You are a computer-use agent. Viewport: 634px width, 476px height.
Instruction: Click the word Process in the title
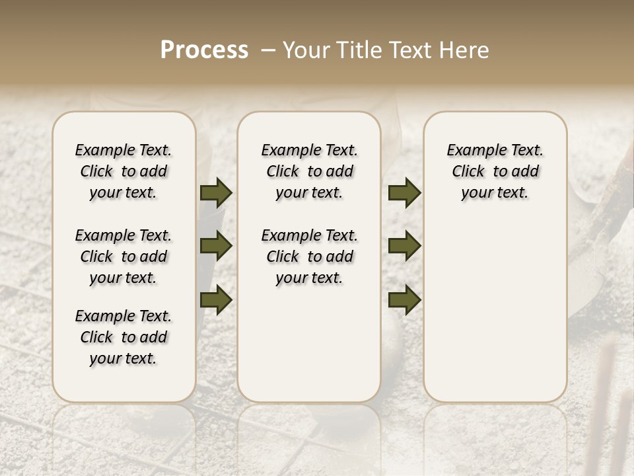[x=204, y=50]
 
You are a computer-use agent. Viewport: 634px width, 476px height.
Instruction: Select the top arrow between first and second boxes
[x=216, y=193]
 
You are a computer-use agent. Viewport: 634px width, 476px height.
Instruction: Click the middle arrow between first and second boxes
[x=216, y=246]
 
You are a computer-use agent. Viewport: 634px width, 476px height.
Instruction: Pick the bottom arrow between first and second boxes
[x=216, y=299]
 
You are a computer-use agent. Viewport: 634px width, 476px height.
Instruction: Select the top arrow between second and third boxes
[x=404, y=193]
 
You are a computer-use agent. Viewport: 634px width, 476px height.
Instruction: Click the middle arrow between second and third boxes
[x=404, y=246]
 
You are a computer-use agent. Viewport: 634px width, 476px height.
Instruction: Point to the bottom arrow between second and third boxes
[x=404, y=299]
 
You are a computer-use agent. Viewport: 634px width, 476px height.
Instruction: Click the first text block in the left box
[x=123, y=171]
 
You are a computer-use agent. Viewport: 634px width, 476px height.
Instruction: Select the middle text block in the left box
[x=123, y=257]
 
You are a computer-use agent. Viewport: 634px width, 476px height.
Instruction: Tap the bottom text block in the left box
[x=123, y=337]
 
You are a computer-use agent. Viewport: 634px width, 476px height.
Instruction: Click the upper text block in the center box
[x=309, y=171]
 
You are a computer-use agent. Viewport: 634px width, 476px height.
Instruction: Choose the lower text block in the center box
[x=309, y=257]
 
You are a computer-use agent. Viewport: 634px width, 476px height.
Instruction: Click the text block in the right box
[x=495, y=171]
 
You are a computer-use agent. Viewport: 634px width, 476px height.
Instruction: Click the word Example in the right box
[x=473, y=151]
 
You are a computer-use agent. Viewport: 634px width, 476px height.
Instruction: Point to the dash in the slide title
[x=268, y=50]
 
